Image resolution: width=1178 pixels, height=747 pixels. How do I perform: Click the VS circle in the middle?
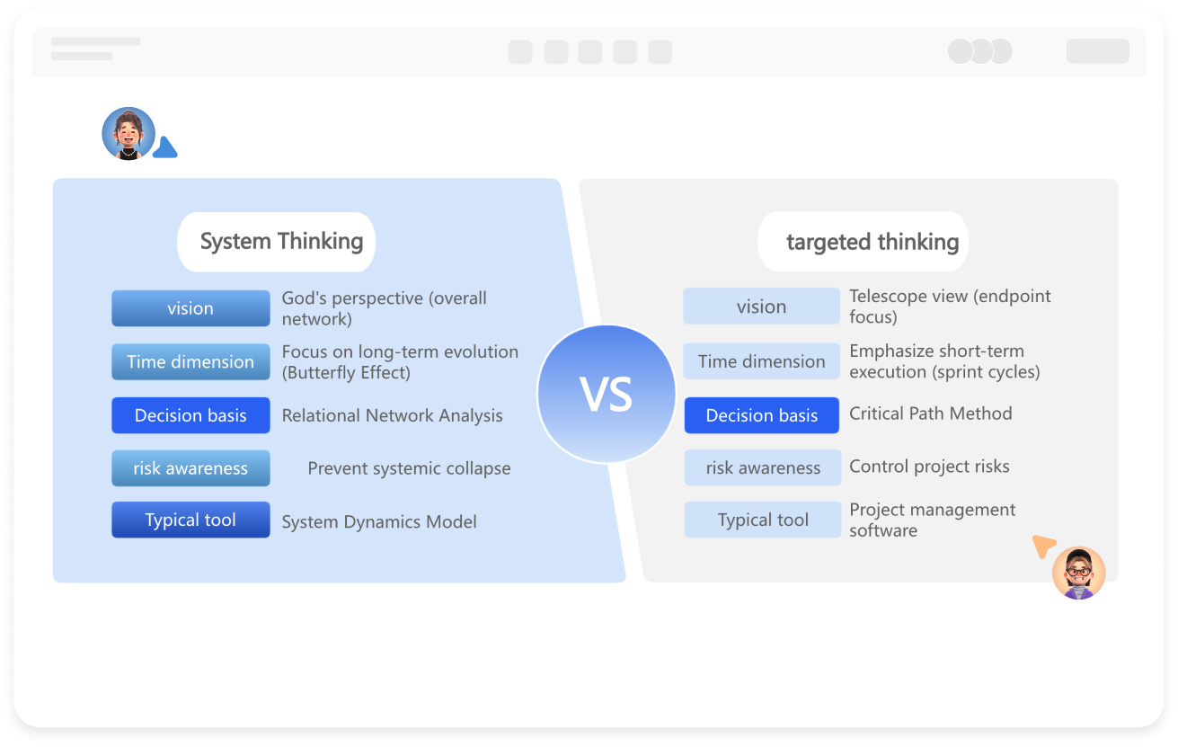tap(607, 394)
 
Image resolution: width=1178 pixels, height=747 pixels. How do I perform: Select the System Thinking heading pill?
tap(277, 242)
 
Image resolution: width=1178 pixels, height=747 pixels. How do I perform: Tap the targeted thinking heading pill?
tap(863, 242)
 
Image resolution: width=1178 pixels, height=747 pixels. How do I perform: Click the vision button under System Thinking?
tap(190, 308)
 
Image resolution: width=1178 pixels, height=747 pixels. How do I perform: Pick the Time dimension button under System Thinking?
tap(190, 362)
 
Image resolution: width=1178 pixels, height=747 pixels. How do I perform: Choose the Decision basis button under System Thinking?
tap(190, 415)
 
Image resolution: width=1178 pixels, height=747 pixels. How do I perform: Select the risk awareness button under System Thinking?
tap(190, 468)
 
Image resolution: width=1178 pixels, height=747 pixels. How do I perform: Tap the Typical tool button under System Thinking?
tap(190, 520)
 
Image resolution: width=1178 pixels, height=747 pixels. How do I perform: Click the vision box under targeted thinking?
tap(761, 307)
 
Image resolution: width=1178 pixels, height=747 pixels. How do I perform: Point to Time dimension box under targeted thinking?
tap(761, 361)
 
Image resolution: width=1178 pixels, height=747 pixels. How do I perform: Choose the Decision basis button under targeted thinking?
tap(761, 415)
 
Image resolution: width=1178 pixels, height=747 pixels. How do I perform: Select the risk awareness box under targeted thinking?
tap(763, 467)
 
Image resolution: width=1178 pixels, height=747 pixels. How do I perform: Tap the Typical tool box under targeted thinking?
tap(763, 520)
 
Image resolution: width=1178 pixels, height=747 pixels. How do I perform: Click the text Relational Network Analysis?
tap(393, 415)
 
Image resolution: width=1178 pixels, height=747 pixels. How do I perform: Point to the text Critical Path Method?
tap(930, 414)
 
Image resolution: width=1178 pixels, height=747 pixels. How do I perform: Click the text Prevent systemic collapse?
tap(409, 468)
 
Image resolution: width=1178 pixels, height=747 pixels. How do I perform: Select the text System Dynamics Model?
tap(379, 522)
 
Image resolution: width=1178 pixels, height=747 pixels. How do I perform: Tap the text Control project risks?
tap(929, 467)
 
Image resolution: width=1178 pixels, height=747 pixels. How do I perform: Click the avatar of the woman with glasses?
tap(1078, 573)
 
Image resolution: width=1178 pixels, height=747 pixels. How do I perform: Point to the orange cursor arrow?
tap(1043, 546)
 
